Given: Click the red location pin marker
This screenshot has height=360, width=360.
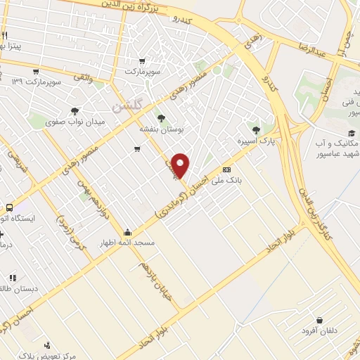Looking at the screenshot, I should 181,165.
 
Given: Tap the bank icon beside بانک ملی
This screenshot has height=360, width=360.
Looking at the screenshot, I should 226,170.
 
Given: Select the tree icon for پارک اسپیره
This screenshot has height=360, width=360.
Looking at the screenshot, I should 256,129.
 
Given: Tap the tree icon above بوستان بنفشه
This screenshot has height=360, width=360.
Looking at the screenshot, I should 162,118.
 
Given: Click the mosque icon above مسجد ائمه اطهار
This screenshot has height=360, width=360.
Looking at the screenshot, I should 127,233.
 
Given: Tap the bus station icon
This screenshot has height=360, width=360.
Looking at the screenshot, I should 9,207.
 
